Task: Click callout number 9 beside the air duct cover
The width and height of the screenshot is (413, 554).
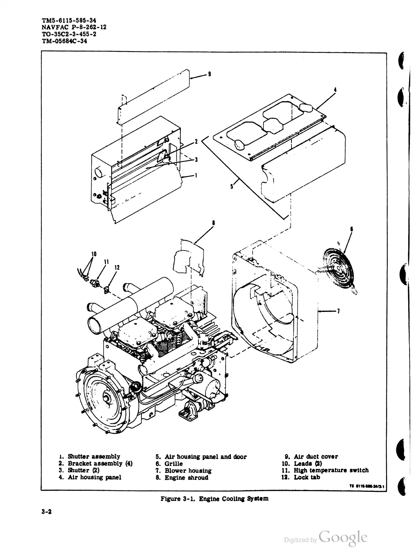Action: (x=209, y=74)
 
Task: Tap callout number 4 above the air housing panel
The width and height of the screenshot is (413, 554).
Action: (x=335, y=90)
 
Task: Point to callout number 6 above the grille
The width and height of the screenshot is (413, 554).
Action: (x=351, y=229)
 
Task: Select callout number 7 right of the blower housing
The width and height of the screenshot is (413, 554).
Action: (x=339, y=312)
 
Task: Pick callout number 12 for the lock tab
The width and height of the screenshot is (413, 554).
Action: (x=117, y=268)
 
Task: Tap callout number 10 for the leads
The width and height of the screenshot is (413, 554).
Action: (x=93, y=253)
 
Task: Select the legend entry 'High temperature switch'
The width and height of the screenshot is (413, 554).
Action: (x=331, y=470)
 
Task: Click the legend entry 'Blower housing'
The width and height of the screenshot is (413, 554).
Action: (x=188, y=471)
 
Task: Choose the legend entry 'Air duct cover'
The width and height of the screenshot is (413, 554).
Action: (x=316, y=457)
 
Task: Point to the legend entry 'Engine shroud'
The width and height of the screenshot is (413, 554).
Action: (x=186, y=478)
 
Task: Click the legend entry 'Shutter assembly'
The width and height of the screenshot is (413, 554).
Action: (x=94, y=457)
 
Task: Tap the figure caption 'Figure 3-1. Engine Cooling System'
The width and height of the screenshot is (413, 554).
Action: (x=214, y=498)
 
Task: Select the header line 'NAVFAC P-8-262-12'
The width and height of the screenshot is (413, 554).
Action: (x=69, y=27)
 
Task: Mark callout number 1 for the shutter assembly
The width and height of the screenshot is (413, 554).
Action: (x=196, y=175)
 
